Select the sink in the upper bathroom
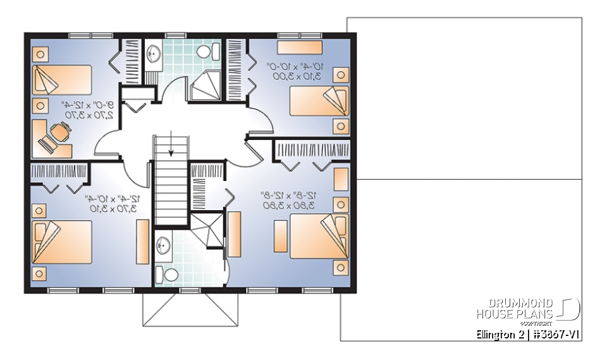click(x=154, y=54)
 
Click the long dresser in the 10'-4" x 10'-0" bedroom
click(x=300, y=47)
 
